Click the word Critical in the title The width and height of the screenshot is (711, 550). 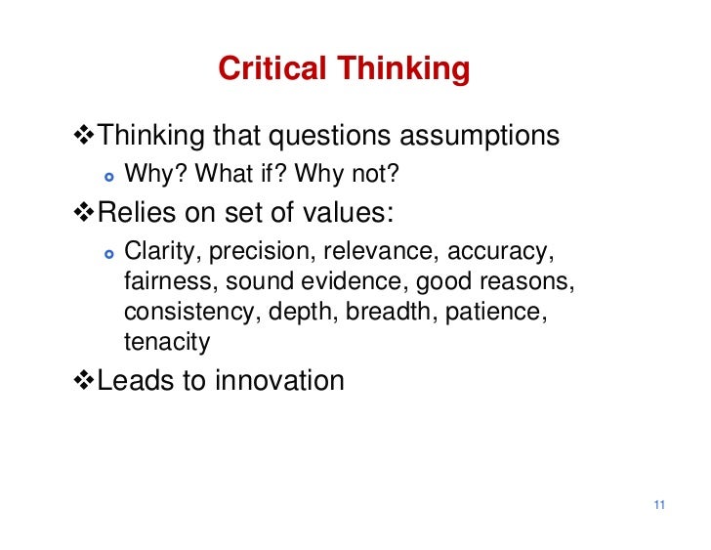coord(272,69)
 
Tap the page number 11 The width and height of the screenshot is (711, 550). coord(659,505)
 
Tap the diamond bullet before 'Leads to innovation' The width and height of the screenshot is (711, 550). coord(85,380)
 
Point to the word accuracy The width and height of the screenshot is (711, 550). coord(500,252)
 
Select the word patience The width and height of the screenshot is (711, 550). coord(501,313)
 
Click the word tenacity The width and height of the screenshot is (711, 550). coord(167,342)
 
